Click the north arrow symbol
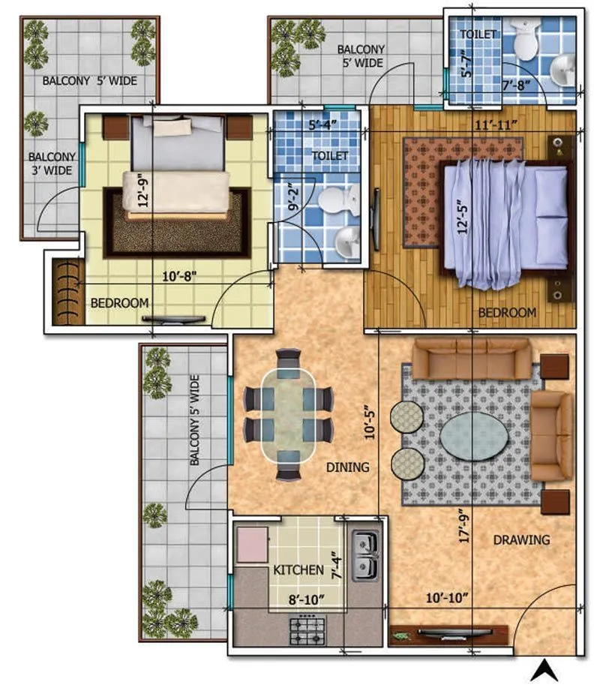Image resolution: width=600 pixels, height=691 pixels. [546, 670]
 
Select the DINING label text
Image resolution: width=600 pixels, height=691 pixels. [347, 467]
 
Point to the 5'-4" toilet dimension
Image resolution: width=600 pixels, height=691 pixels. [320, 125]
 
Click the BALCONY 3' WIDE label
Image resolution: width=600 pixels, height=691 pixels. [50, 164]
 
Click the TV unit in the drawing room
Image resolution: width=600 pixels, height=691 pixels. [448, 635]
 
